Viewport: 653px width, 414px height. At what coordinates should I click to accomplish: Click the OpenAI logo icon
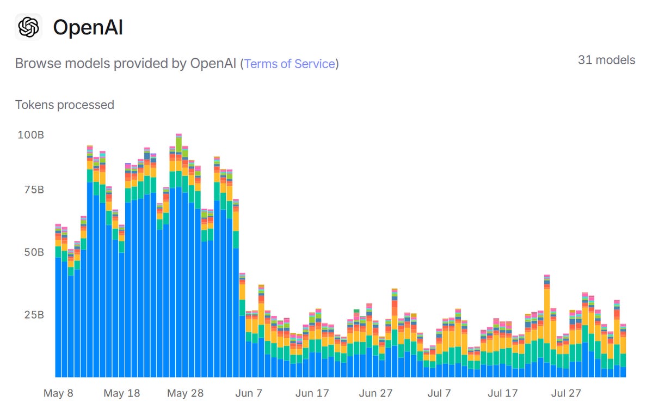[x=28, y=27]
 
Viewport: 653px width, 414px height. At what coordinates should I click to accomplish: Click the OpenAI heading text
[x=88, y=27]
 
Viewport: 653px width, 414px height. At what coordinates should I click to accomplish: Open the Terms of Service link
[x=289, y=64]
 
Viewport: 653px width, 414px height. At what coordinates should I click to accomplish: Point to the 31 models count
[x=606, y=60]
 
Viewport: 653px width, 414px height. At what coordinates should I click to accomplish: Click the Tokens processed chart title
[x=64, y=105]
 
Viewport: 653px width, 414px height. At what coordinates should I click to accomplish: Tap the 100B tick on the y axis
[x=30, y=135]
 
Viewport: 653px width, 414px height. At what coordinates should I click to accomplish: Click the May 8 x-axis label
[x=58, y=393]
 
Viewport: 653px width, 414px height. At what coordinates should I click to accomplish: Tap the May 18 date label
[x=121, y=393]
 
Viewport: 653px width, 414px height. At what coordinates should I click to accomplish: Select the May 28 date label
[x=185, y=393]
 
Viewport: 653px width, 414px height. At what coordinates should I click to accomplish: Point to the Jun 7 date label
[x=249, y=393]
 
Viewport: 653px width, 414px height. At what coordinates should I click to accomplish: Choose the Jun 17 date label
[x=312, y=393]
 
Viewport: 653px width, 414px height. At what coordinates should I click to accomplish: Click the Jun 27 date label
[x=375, y=393]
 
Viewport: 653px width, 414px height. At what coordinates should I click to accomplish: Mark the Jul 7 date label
[x=439, y=393]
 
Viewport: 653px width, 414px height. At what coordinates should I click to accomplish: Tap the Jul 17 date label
[x=502, y=393]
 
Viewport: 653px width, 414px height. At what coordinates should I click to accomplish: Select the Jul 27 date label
[x=566, y=393]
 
